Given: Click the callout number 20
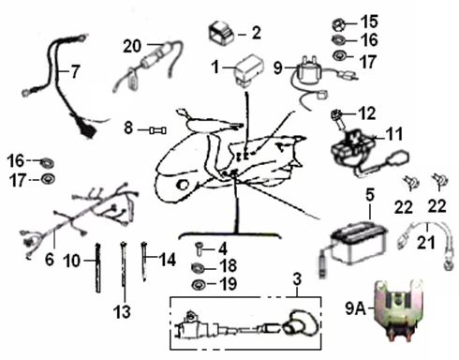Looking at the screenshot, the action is click(x=132, y=46).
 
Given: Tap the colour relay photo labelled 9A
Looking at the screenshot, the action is click(x=397, y=310).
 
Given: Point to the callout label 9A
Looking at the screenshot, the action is click(x=355, y=308).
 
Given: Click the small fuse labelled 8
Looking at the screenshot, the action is click(x=158, y=130).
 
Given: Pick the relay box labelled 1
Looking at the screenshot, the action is click(x=249, y=71).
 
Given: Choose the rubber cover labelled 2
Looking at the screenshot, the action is click(x=221, y=32).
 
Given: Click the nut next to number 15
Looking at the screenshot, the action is click(x=339, y=23).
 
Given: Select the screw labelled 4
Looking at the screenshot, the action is click(x=198, y=249).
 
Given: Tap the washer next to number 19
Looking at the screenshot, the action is click(x=198, y=285).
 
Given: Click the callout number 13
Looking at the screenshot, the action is click(x=122, y=311).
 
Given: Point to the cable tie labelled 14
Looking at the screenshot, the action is click(x=144, y=262).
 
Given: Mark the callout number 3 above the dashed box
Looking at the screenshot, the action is click(x=297, y=278).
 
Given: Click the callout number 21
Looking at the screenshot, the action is click(x=426, y=243).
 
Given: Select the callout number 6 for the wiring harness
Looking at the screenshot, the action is click(x=50, y=259).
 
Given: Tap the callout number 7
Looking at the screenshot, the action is click(x=75, y=71).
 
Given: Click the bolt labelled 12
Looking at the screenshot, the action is click(x=337, y=118).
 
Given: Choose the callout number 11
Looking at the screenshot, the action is click(x=394, y=134).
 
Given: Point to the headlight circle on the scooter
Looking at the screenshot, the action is click(x=183, y=185).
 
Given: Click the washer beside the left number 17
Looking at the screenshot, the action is click(x=48, y=179).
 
